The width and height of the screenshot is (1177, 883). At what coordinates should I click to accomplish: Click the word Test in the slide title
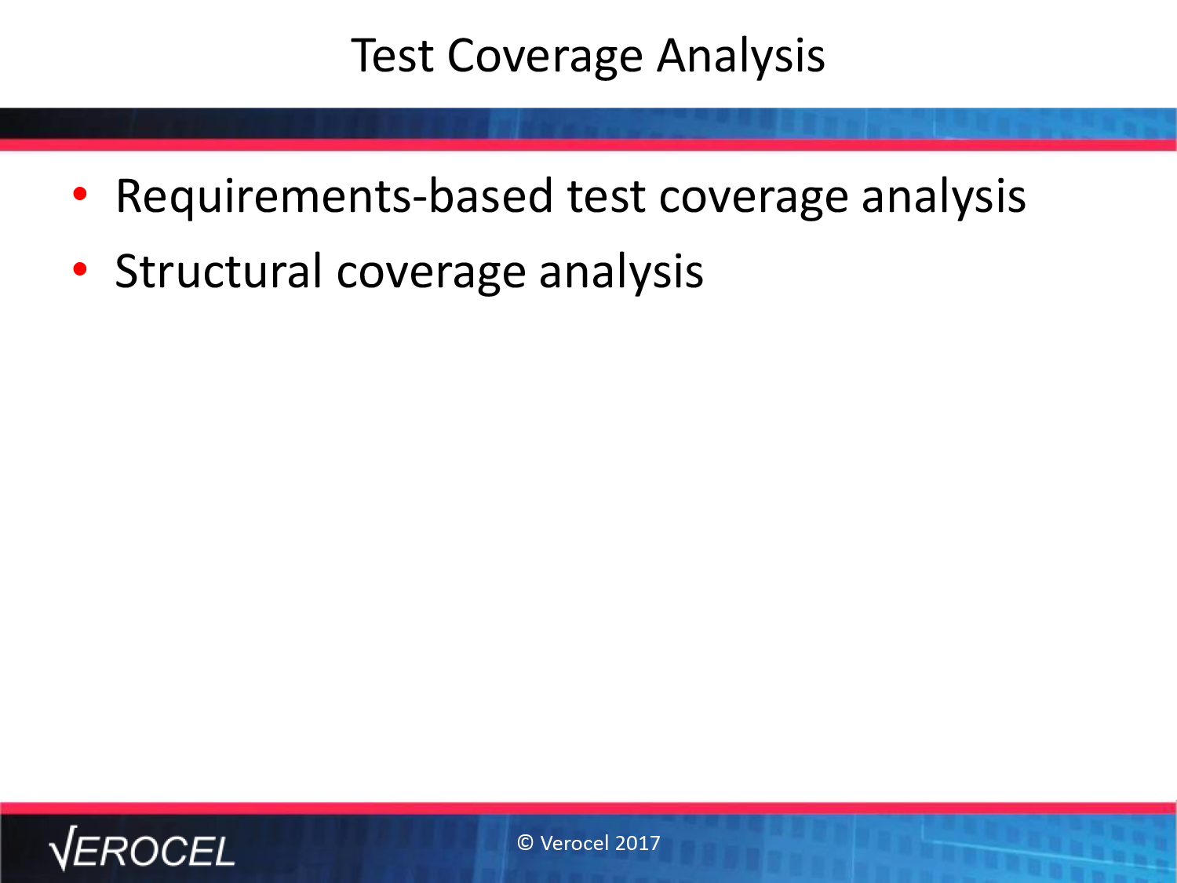pyautogui.click(x=392, y=56)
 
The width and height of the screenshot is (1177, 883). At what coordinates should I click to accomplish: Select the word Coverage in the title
pyautogui.click(x=545, y=59)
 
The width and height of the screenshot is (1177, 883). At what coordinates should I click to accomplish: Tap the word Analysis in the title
pyautogui.click(x=741, y=58)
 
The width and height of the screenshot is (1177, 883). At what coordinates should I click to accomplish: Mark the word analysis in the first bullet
pyautogui.click(x=944, y=199)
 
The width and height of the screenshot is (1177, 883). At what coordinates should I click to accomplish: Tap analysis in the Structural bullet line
pyautogui.click(x=621, y=273)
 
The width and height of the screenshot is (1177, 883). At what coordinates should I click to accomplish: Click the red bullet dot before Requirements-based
pyautogui.click(x=80, y=194)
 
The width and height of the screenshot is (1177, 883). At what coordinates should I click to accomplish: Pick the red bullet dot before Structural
pyautogui.click(x=80, y=269)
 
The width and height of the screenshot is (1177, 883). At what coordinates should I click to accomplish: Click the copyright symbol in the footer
pyautogui.click(x=526, y=843)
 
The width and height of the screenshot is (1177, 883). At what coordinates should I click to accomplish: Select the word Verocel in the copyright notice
pyautogui.click(x=574, y=843)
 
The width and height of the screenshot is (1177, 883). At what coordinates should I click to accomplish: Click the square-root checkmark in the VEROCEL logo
pyautogui.click(x=64, y=848)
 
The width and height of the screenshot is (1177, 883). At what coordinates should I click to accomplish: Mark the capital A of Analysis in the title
pyautogui.click(x=674, y=56)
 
